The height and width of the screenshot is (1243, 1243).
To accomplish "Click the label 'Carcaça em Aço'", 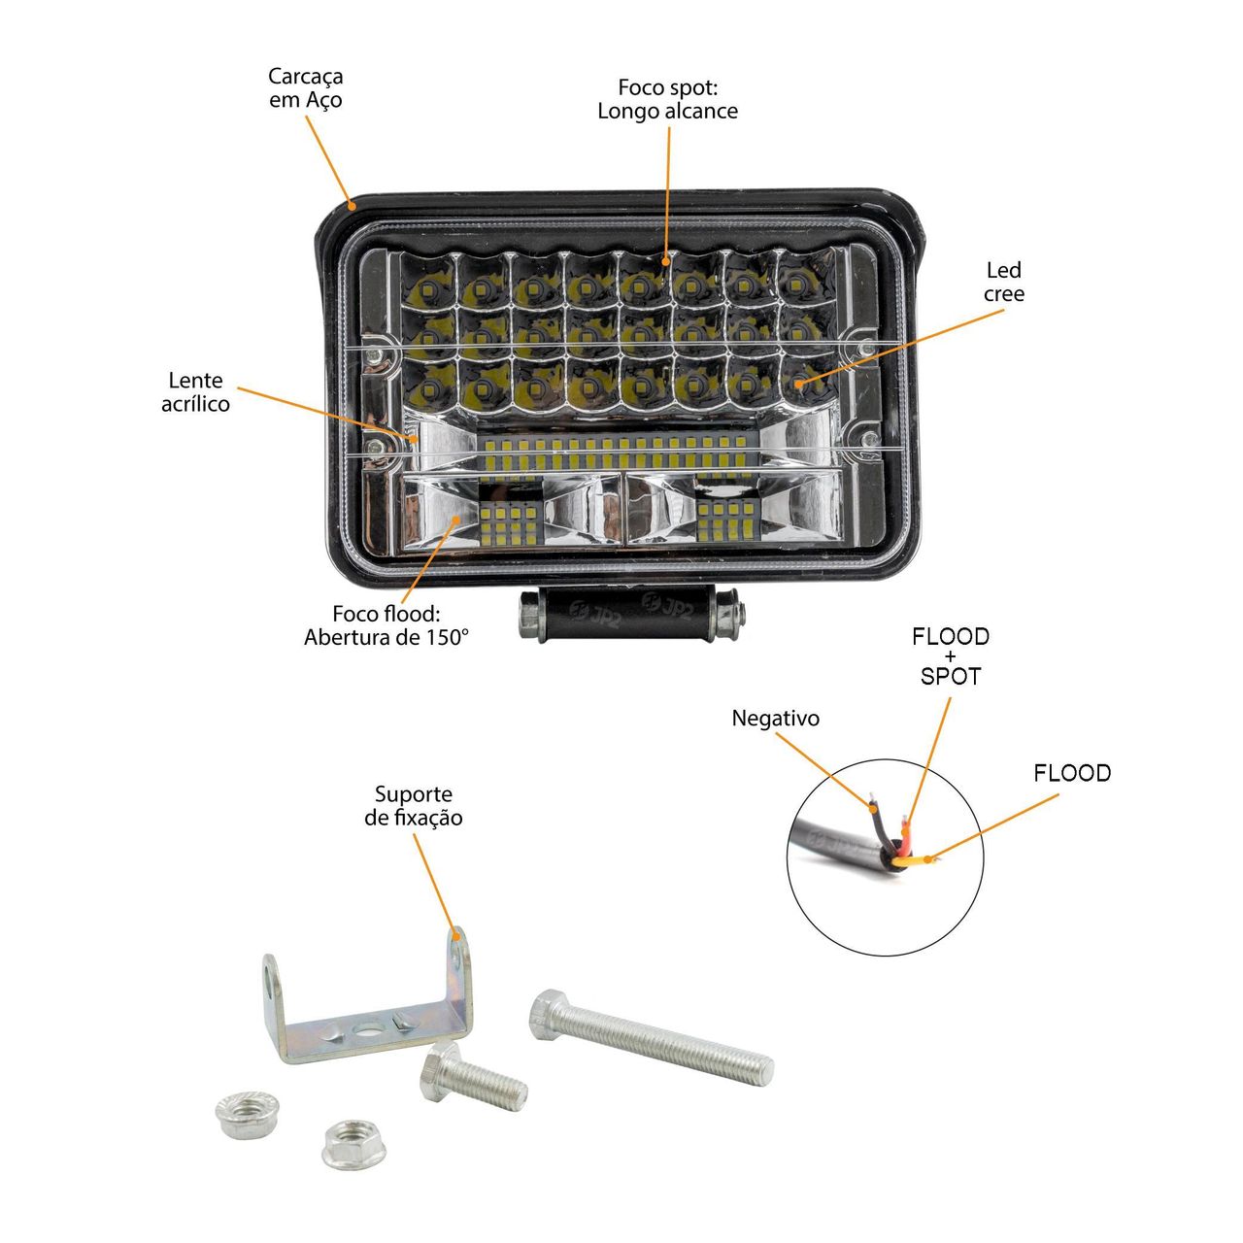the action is (x=305, y=87).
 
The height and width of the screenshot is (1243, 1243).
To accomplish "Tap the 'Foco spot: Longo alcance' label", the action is (x=667, y=99).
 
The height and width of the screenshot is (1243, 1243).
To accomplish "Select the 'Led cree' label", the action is (x=1004, y=282).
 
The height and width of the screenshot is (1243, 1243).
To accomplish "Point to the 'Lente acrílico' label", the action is (x=195, y=391).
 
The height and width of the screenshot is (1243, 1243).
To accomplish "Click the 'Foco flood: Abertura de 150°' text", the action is (x=386, y=625).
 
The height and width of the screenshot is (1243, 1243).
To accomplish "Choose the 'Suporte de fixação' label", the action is (x=414, y=806).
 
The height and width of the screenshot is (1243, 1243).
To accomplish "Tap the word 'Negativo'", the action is (x=775, y=718).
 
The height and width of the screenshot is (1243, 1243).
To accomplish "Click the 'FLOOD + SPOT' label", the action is (x=950, y=656).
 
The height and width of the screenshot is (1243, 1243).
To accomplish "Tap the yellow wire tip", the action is (x=927, y=858).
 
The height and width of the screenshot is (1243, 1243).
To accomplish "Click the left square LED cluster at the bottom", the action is (x=510, y=523).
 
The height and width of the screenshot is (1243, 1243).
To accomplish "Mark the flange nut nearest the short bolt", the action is (x=353, y=1144).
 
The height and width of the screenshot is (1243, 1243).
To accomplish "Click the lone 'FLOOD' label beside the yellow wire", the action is (x=1072, y=773).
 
